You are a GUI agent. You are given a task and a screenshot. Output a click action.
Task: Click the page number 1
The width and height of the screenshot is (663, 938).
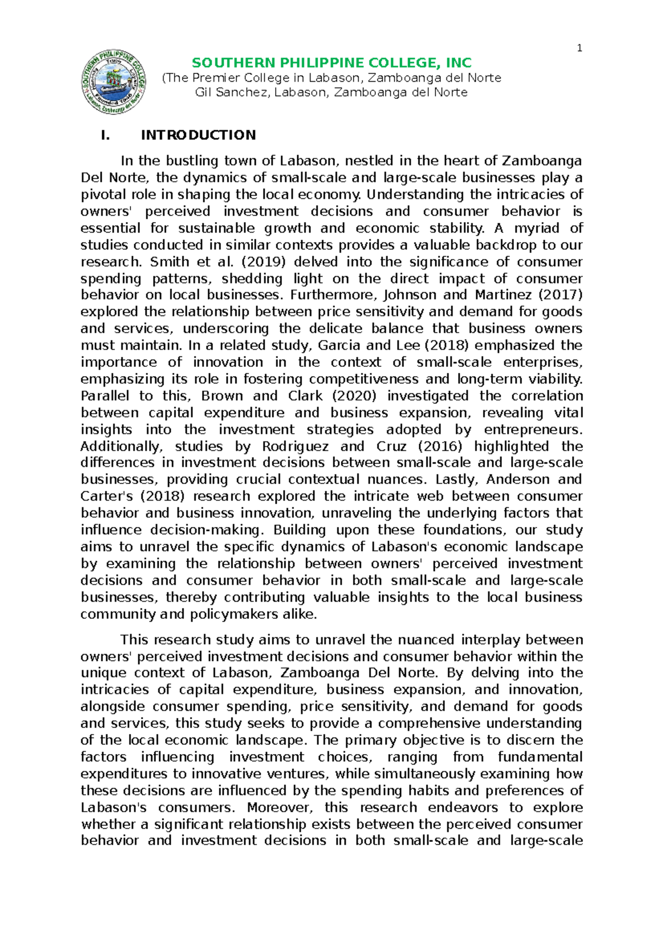(x=579, y=48)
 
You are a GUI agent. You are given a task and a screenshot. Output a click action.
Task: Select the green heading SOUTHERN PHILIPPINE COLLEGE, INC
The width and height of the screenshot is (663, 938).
(x=331, y=62)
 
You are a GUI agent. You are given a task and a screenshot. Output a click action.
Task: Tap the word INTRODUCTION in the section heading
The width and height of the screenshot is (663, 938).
(x=198, y=135)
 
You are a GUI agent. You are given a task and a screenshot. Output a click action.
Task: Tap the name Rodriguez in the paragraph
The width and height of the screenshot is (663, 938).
(x=295, y=446)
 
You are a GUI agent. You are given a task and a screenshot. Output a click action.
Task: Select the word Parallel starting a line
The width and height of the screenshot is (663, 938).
(x=105, y=396)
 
